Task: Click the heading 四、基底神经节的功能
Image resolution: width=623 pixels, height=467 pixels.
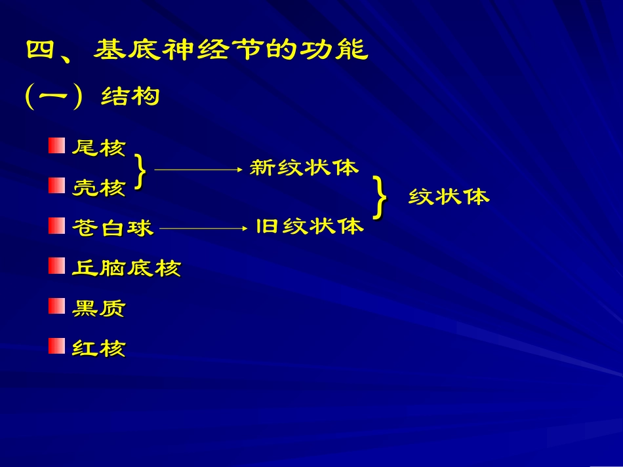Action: coord(197,50)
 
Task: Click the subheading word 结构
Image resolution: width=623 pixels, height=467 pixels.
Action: coord(131,98)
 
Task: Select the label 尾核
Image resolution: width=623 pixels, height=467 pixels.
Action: coord(98,147)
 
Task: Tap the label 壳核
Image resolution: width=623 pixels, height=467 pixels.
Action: coord(98,188)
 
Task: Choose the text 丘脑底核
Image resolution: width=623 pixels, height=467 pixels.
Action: coord(126,268)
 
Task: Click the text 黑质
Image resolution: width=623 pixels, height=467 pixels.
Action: coord(98,308)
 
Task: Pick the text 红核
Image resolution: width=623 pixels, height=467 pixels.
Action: coord(98,348)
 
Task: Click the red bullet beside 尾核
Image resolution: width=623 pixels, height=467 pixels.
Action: coord(56,145)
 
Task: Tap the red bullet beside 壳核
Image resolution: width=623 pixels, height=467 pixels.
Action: coord(56,185)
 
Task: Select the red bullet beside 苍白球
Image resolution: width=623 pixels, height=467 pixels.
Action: coord(56,226)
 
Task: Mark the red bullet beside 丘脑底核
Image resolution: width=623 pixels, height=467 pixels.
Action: coord(56,265)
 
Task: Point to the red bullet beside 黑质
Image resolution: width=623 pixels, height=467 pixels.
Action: coord(56,305)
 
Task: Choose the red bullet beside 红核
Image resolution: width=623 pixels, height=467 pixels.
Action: coord(56,345)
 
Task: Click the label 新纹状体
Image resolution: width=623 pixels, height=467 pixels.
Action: coord(304,168)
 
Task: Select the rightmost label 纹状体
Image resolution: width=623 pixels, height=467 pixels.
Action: coord(449,196)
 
